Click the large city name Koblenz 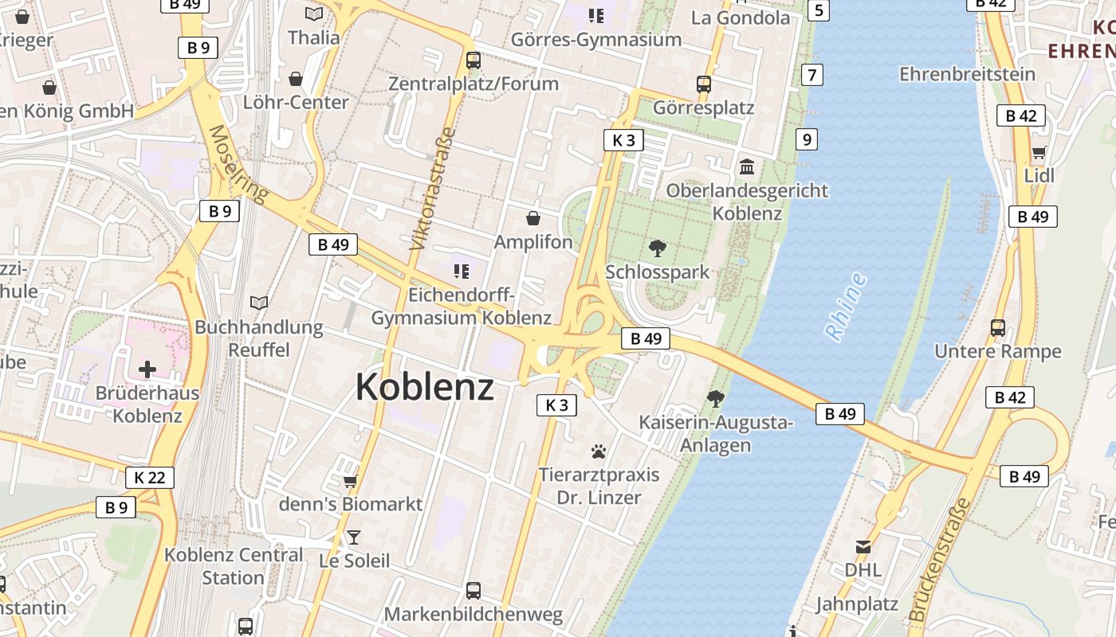point(424,388)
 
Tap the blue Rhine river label point(846,307)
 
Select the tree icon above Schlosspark point(658,248)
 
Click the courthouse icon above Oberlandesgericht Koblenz point(748,166)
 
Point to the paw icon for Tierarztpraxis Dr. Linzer point(599,451)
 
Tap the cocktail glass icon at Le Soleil point(354,537)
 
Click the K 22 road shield point(150,478)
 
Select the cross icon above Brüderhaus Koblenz point(147,369)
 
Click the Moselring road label point(237,163)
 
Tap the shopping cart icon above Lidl point(1039,153)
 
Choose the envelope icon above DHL point(863,547)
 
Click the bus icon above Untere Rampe point(997,327)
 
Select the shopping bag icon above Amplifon point(533,218)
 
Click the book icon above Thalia point(314,14)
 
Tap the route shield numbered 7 point(812,75)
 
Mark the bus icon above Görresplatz point(703,84)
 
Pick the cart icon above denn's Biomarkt point(350,481)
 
